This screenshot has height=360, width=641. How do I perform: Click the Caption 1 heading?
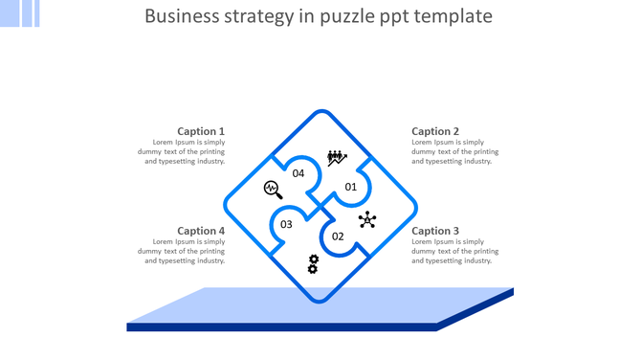(201, 131)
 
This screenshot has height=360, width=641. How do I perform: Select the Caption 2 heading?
(435, 131)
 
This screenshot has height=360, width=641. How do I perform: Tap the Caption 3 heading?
(435, 231)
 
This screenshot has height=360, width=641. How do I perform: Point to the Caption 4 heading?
(201, 231)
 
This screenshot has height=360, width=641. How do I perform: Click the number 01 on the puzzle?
(351, 187)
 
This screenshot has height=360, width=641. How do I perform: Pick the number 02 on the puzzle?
(338, 236)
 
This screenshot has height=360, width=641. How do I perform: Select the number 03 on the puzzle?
(286, 225)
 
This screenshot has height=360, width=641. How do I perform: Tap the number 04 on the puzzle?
(298, 173)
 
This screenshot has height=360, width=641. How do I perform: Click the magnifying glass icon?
(273, 190)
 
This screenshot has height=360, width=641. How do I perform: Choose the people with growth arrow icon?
(337, 158)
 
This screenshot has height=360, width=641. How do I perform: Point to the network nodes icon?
(367, 220)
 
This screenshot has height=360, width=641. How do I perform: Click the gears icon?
(313, 264)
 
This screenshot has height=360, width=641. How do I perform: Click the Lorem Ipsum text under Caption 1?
(185, 151)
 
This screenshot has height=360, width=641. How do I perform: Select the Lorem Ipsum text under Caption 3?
(455, 251)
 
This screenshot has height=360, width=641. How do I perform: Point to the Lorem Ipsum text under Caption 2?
(455, 151)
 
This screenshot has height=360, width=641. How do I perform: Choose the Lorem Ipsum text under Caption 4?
(185, 251)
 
